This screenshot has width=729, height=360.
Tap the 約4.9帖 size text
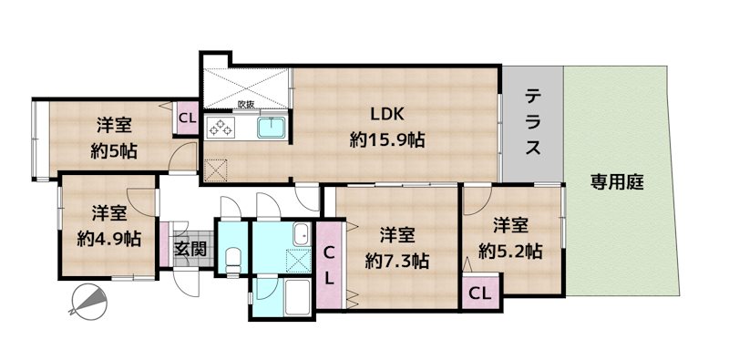108,239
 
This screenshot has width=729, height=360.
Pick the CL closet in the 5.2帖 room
480,293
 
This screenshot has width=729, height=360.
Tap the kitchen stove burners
222,126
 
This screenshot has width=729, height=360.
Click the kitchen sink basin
272,128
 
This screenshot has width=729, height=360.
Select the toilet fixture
232,258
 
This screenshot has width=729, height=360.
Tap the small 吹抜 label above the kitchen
244,104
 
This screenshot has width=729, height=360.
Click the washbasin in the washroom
298,235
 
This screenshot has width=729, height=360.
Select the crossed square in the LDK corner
216,169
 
